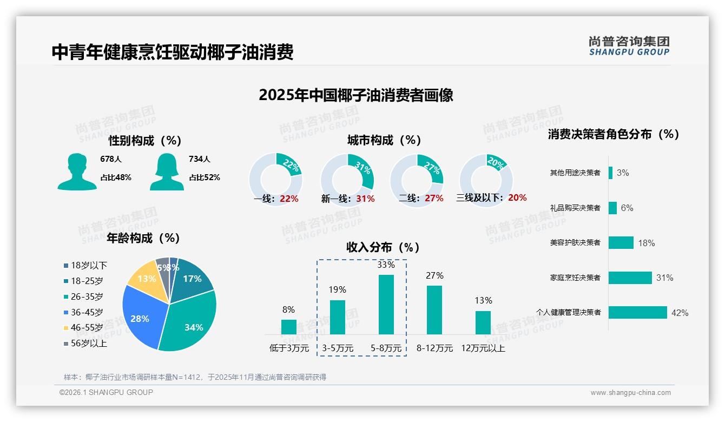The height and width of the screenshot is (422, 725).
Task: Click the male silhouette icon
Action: pos(77,172)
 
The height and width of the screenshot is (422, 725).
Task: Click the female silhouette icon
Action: pos(167,172)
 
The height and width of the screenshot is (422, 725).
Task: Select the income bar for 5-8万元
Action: pos(386,305)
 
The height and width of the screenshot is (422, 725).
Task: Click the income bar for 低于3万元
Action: pos(289,327)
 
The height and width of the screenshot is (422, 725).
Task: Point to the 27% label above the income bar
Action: pos(434,276)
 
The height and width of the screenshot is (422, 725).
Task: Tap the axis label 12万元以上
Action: pos(483,348)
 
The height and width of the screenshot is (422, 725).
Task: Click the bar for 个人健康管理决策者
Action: pos(637,313)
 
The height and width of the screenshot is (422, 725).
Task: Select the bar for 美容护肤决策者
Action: pos(621,243)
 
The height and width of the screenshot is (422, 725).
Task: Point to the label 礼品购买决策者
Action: pos(575,208)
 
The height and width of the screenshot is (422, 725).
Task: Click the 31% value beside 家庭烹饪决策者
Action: pos(664,278)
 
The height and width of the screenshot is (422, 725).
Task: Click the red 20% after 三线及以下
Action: pos(517,198)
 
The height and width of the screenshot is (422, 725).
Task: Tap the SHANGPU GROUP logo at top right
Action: pos(629,45)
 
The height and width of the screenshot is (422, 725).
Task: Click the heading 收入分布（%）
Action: pos(383,247)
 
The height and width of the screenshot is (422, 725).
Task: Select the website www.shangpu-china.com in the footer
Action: pos(630,393)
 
